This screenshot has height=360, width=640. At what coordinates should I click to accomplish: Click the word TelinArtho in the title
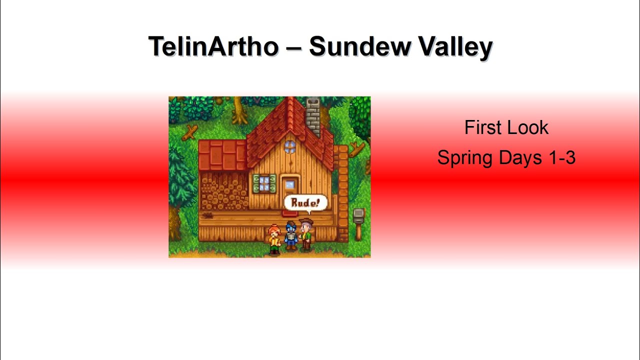pyautogui.click(x=213, y=46)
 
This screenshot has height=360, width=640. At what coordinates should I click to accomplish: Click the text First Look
pyautogui.click(x=506, y=127)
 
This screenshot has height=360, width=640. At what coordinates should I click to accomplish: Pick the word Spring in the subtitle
pyautogui.click(x=464, y=158)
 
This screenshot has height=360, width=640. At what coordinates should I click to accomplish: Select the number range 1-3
pyautogui.click(x=562, y=158)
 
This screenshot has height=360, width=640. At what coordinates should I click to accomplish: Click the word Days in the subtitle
pyautogui.click(x=520, y=158)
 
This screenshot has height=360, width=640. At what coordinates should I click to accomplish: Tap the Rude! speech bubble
pyautogui.click(x=305, y=203)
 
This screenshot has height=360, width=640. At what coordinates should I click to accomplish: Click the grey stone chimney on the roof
pyautogui.click(x=312, y=116)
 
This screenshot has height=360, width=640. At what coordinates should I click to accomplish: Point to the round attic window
pyautogui.click(x=290, y=146)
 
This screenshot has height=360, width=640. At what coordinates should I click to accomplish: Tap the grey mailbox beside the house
pyautogui.click(x=358, y=216)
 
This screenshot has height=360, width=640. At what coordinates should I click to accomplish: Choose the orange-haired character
pyautogui.click(x=274, y=238)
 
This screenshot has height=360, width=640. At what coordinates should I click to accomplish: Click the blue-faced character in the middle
pyautogui.click(x=291, y=235)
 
